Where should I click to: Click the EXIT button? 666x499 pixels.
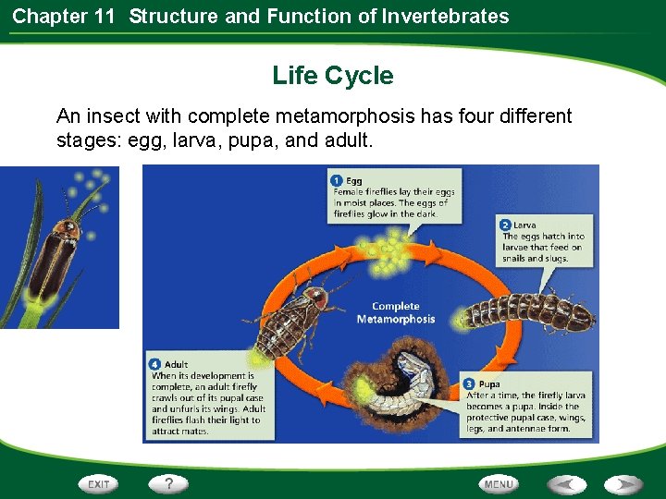point(99,484)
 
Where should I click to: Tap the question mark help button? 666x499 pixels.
point(169,483)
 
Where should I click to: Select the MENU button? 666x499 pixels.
point(499,484)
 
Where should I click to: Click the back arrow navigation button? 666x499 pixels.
point(566,484)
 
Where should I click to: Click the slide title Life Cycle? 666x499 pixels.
point(332,76)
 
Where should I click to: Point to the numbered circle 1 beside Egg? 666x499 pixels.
point(338,180)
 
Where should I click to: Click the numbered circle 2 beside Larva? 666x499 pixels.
point(505,225)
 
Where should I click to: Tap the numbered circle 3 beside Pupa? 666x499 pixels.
point(471,383)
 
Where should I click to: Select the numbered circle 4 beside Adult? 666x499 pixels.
point(156,364)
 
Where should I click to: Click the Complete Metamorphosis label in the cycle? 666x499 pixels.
point(395,312)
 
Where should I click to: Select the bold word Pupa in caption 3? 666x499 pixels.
point(489,383)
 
